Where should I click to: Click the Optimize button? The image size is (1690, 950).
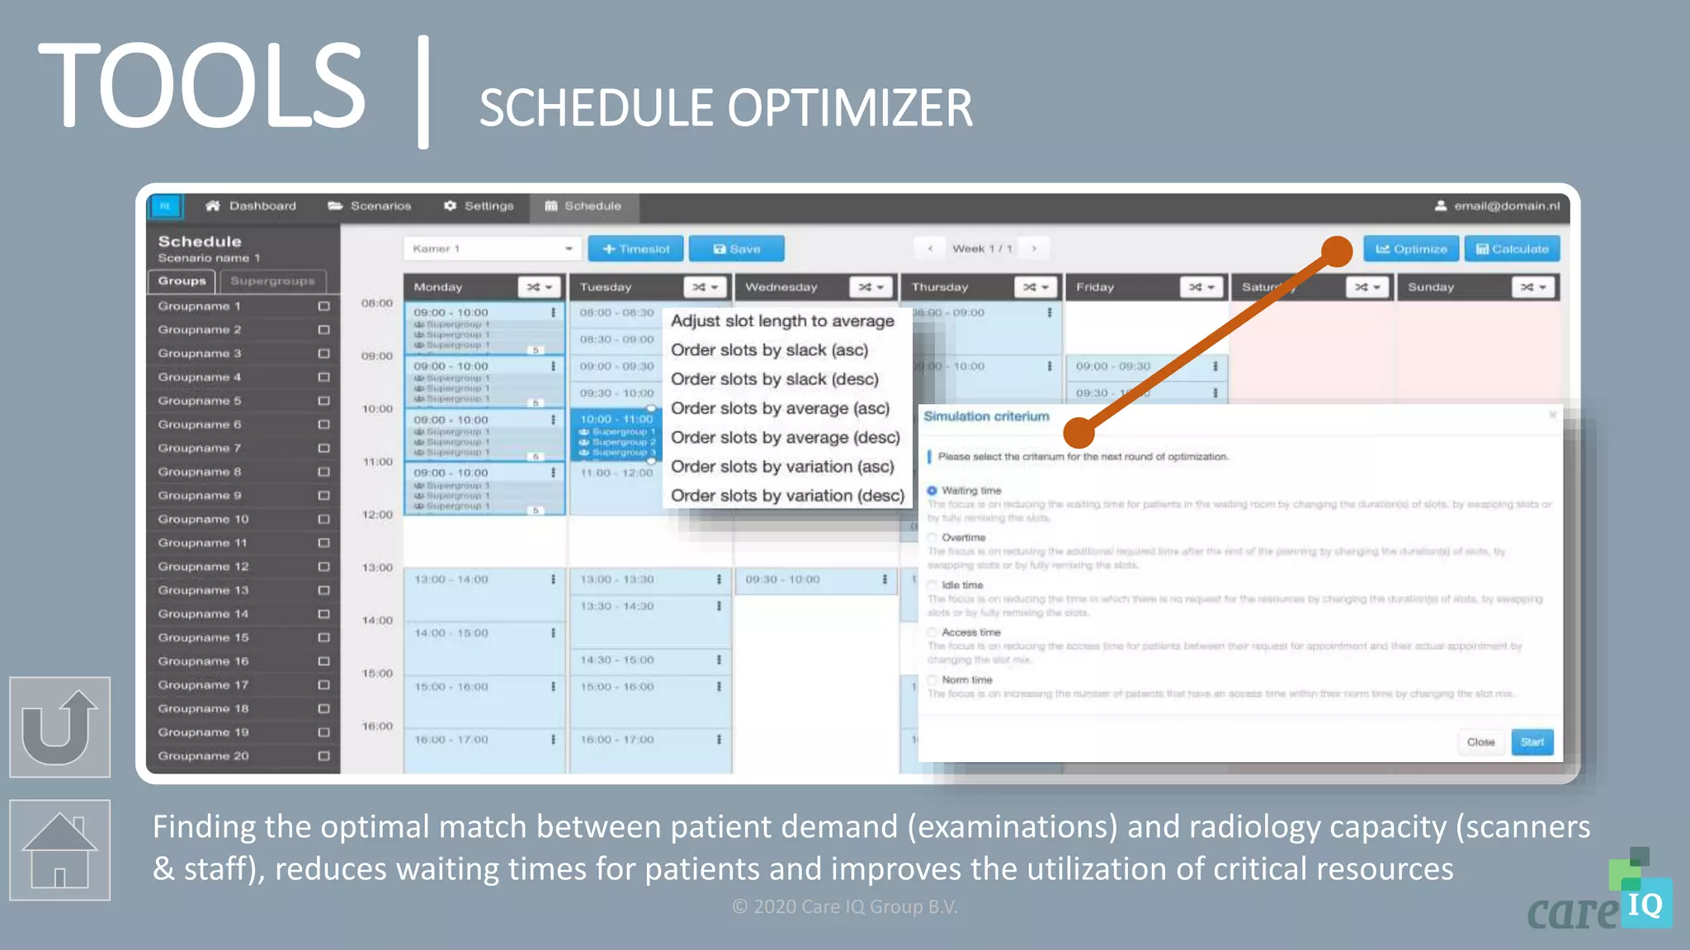[1410, 249]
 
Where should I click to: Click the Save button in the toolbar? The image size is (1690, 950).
[736, 249]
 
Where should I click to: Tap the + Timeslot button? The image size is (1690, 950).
[635, 249]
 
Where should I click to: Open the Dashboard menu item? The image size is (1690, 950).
[251, 206]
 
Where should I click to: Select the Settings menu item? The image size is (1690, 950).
[479, 206]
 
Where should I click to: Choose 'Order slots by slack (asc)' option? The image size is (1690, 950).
[769, 350]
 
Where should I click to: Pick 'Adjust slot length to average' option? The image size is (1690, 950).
[781, 321]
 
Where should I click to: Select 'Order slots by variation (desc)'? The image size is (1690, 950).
[787, 496]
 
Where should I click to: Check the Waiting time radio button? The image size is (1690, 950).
[932, 491]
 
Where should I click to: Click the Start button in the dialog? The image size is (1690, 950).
[1532, 742]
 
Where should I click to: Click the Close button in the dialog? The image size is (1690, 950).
[1480, 742]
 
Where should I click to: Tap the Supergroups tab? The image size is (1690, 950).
[272, 281]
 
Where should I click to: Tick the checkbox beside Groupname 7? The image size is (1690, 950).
[323, 449]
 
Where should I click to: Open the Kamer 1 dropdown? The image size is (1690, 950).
[492, 249]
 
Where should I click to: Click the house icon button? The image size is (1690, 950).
[59, 850]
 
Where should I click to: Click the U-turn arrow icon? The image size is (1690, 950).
[59, 727]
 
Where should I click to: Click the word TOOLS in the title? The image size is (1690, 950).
[201, 87]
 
